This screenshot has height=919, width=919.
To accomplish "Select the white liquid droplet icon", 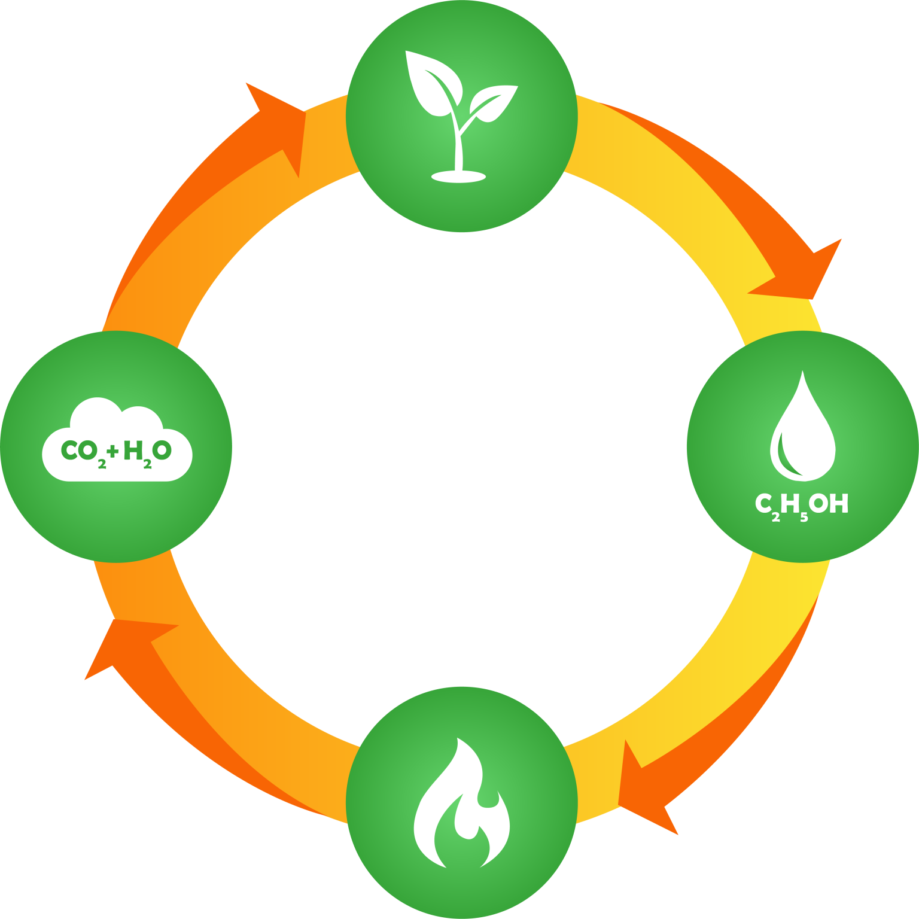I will point(802,431).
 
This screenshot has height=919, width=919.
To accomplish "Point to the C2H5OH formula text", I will point(802,506).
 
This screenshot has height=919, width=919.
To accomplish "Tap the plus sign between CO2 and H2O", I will point(114,451).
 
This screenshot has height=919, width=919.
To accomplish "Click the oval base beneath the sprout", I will point(458,176).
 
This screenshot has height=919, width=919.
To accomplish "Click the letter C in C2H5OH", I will point(763,504).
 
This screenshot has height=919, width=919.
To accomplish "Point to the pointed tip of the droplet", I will point(802,373).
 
